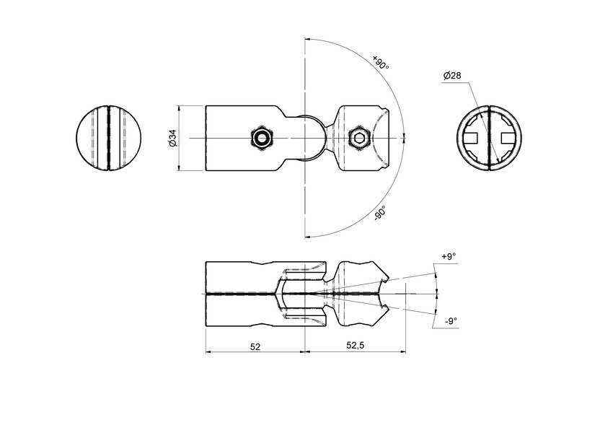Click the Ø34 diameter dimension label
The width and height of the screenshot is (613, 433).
pyautogui.click(x=172, y=138)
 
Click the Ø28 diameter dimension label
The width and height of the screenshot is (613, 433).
pyautogui.click(x=451, y=75)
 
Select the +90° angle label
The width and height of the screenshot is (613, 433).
pyautogui.click(x=382, y=63)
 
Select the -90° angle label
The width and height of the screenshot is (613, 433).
pyautogui.click(x=381, y=213)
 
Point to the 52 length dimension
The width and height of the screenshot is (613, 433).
pyautogui.click(x=255, y=346)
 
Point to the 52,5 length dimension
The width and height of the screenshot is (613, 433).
pyautogui.click(x=355, y=346)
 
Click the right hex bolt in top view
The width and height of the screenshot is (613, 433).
pyautogui.click(x=358, y=138)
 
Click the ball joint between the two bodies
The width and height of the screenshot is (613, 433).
pyautogui.click(x=310, y=138)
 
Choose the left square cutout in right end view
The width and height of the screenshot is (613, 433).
pyautogui.click(x=474, y=138)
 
